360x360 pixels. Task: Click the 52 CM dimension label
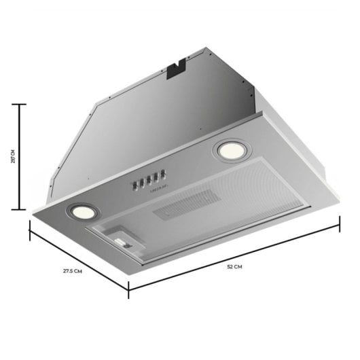point(234,268)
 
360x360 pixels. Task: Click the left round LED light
point(81,213)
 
